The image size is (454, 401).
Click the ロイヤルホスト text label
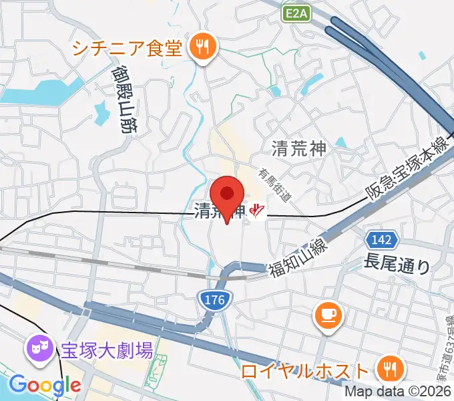coord(304,370)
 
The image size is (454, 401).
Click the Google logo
coord(44,385)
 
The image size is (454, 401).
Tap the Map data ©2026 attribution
coord(403,393)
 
